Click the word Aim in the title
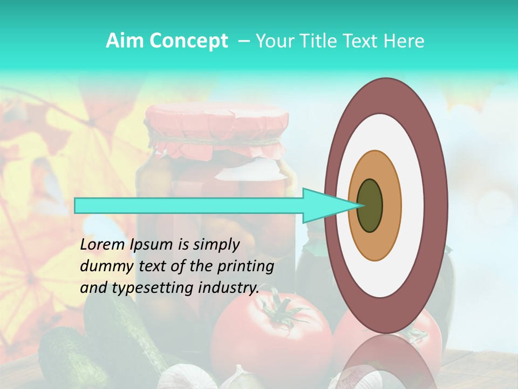click(125, 41)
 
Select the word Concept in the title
click(189, 41)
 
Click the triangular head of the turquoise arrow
click(324, 205)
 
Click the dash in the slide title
click(243, 41)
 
